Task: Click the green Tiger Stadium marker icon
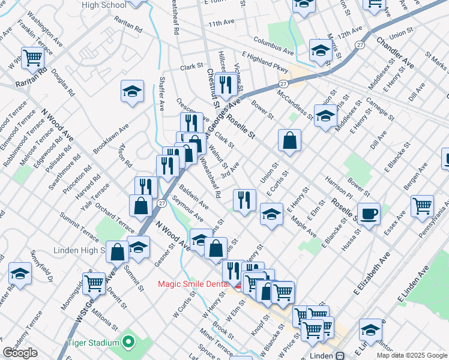[x=127, y=343]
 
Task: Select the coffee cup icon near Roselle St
[x=369, y=214]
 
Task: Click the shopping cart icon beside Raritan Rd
[x=33, y=58]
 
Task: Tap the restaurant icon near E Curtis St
[x=244, y=200]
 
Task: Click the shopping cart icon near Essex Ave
[x=422, y=205]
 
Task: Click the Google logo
[x=20, y=353]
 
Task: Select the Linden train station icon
[x=340, y=355]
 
